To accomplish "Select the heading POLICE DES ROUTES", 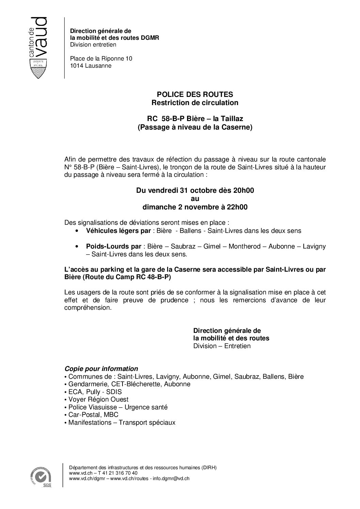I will [195, 94].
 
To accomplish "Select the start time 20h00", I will [243, 190].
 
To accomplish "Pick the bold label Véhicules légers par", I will [118, 231].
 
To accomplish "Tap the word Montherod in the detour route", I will [245, 246].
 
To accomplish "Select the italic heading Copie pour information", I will [101, 369].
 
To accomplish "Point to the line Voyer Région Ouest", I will [98, 400].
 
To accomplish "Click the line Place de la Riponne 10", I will [101, 58].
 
